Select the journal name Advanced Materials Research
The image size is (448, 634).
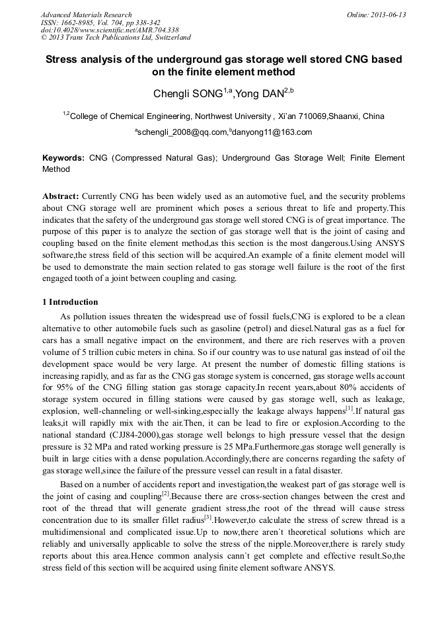pyautogui.click(x=87, y=15)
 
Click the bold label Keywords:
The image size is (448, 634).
pyautogui.click(x=63, y=159)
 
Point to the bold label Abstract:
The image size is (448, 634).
pyautogui.click(x=60, y=197)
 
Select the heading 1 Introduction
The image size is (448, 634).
pyautogui.click(x=70, y=302)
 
